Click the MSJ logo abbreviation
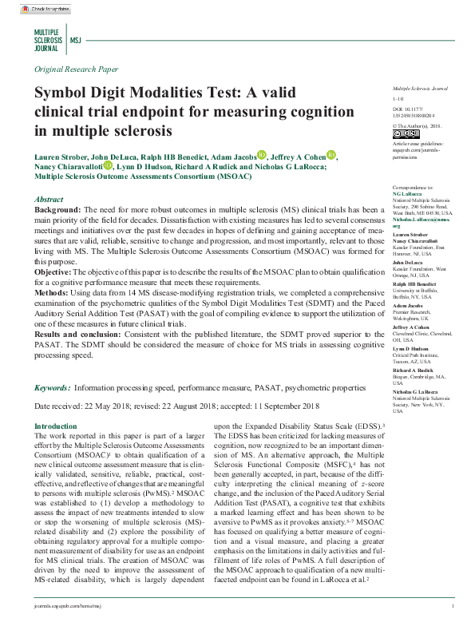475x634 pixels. [x=75, y=38]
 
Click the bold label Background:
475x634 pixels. [x=58, y=208]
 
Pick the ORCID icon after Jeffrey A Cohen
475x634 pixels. [x=331, y=156]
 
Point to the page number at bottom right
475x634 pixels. [x=453, y=607]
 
